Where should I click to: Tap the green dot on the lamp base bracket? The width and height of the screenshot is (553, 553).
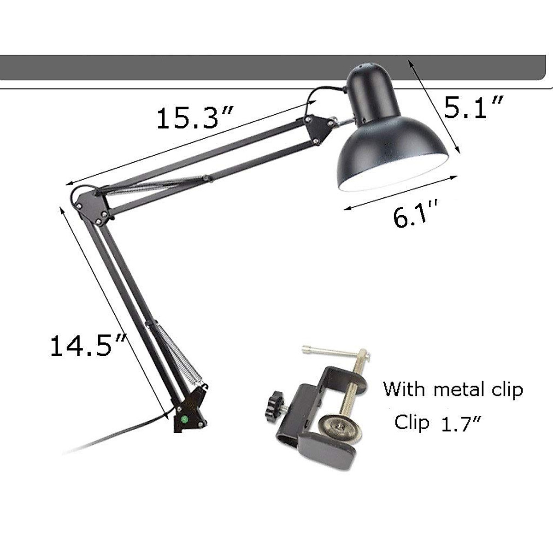[184, 419]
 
